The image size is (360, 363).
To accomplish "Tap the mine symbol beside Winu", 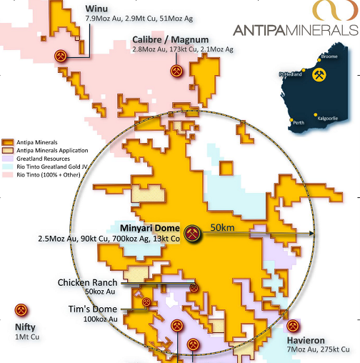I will (61, 56).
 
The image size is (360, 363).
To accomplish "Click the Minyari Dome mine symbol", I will (192, 233).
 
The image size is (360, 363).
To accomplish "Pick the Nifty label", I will (26, 328).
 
